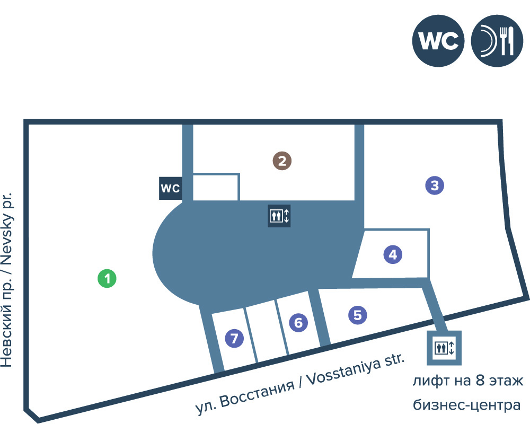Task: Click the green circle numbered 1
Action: (x=107, y=278)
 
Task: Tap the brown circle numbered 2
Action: (x=282, y=161)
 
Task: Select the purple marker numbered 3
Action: (x=435, y=185)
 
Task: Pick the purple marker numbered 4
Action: (x=393, y=254)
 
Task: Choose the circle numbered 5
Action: (x=358, y=315)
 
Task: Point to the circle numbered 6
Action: (x=298, y=322)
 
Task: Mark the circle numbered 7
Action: (x=234, y=338)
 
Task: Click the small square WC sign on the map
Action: (x=171, y=188)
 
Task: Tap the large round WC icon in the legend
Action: (x=438, y=41)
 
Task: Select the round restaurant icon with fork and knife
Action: (x=497, y=41)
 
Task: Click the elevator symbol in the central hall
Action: (x=279, y=216)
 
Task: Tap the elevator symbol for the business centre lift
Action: (x=444, y=348)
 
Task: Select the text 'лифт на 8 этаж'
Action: (x=468, y=381)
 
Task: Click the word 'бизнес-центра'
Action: (x=466, y=405)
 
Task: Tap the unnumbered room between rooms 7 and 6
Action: (x=267, y=331)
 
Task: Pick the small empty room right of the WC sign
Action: (x=216, y=187)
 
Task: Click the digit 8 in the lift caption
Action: (x=480, y=381)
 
